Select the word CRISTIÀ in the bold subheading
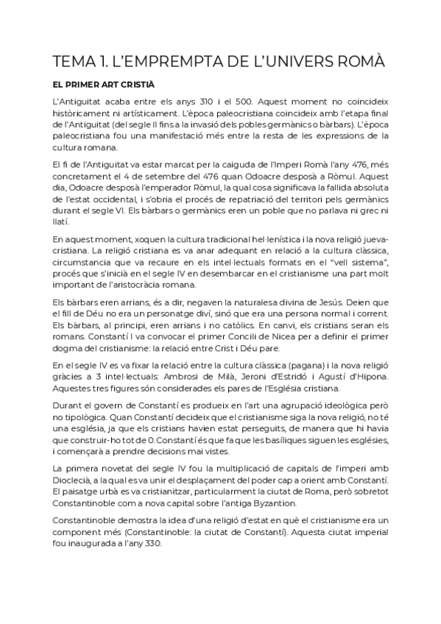pyautogui.click(x=137, y=84)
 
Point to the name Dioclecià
pyautogui.click(x=77, y=481)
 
